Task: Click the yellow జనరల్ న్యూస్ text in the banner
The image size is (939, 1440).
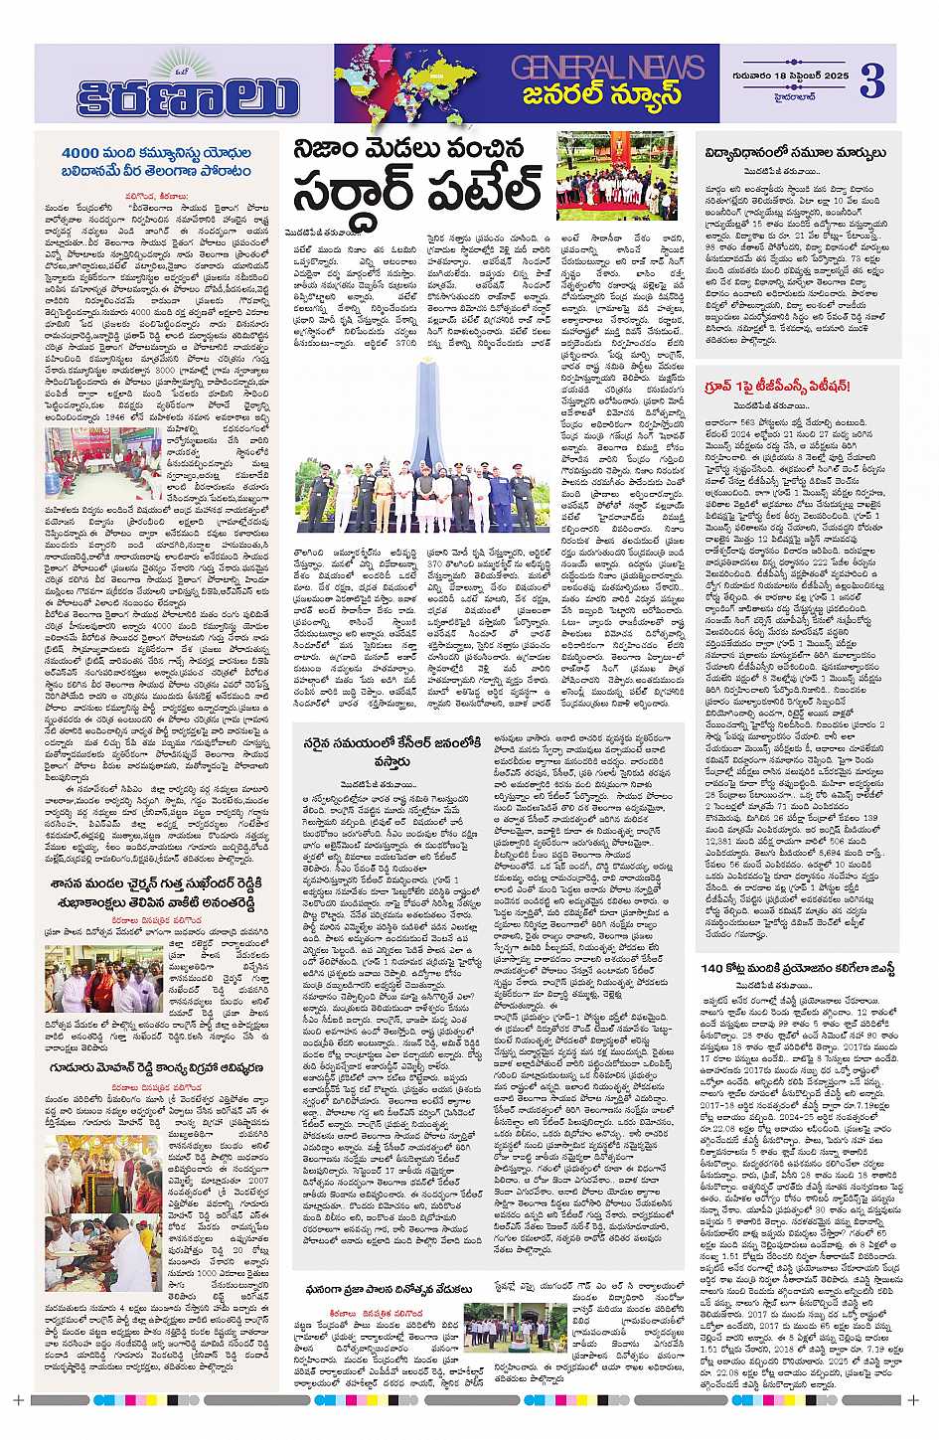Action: click(603, 96)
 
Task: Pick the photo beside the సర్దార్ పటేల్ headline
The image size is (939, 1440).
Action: click(616, 176)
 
